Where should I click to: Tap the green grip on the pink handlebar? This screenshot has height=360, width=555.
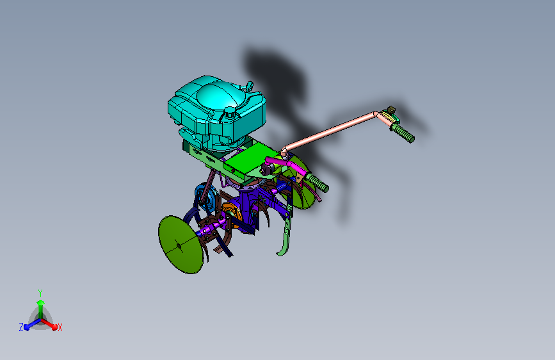click(403, 133)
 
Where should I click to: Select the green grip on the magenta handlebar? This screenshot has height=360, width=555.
click(318, 183)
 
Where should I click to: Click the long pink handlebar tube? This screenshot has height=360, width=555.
click(329, 131)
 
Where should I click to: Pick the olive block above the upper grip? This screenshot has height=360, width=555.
click(391, 109)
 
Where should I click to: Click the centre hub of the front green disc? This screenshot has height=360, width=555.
click(179, 245)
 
